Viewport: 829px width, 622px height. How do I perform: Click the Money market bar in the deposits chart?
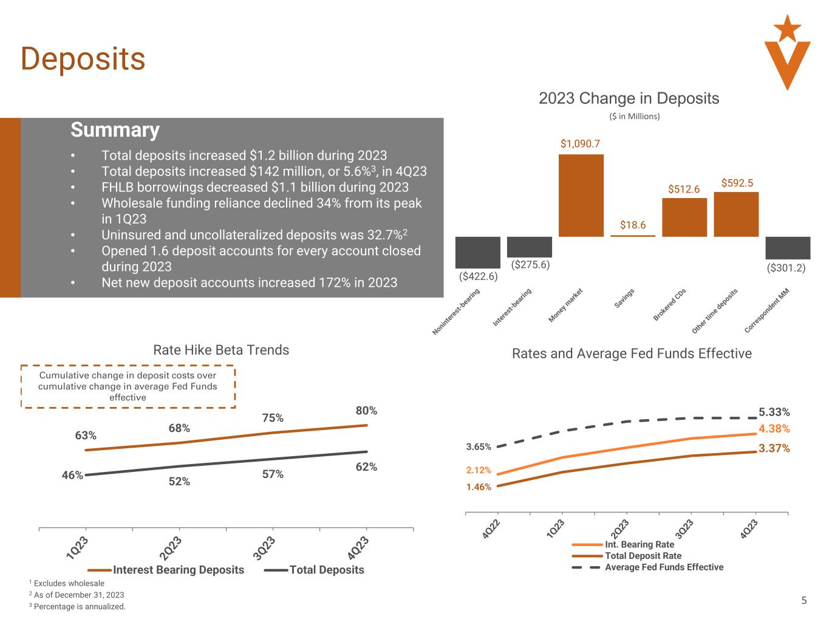tap(581, 195)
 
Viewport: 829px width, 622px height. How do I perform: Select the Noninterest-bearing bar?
tap(477, 252)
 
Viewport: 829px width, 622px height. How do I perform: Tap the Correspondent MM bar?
tap(788, 248)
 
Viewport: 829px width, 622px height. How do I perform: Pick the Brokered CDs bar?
tap(684, 217)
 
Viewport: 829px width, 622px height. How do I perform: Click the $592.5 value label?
tap(737, 183)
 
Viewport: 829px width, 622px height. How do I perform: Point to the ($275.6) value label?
tap(530, 265)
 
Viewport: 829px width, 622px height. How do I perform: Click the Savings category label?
tap(624, 298)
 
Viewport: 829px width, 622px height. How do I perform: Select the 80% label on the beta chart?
tap(366, 411)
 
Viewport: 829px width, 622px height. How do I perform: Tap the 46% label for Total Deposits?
tap(72, 476)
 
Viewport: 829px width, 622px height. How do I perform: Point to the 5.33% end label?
tap(774, 412)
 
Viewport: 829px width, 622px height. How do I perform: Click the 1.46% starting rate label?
tap(479, 487)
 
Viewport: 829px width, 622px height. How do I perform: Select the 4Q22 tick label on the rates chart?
tap(491, 528)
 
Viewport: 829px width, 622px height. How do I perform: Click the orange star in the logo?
tap(788, 28)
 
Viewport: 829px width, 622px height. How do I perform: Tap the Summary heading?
tap(115, 130)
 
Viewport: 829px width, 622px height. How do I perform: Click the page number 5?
tap(804, 601)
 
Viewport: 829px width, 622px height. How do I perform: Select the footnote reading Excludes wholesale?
tap(68, 584)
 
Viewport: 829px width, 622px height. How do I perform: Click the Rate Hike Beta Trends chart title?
tap(221, 350)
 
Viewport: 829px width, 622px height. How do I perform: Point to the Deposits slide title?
tap(83, 59)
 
